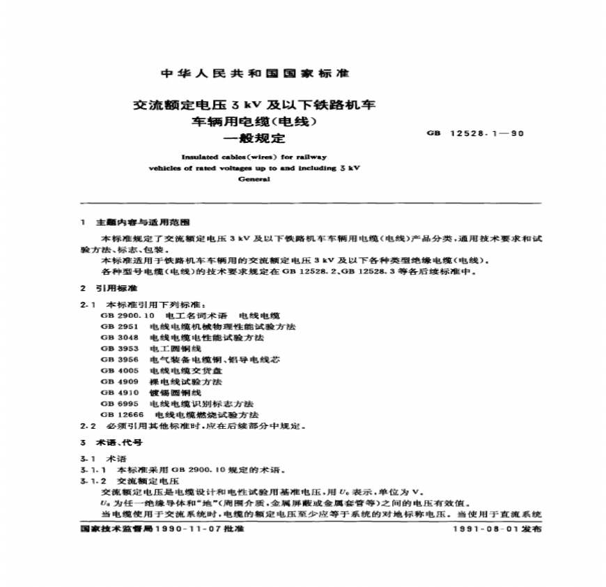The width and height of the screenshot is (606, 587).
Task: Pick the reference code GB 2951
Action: point(116,326)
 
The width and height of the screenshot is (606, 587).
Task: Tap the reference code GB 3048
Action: point(116,337)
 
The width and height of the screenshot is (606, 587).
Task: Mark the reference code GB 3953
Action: point(116,349)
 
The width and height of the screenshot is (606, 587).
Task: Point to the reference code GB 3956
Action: point(116,360)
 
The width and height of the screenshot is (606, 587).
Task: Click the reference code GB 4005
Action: point(116,371)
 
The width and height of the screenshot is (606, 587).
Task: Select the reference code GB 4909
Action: point(116,382)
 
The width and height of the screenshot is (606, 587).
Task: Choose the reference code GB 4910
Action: point(116,392)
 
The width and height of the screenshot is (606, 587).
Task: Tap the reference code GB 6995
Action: point(116,404)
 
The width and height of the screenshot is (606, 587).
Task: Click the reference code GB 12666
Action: point(118,415)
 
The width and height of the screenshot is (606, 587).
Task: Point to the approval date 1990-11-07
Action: point(182,530)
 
